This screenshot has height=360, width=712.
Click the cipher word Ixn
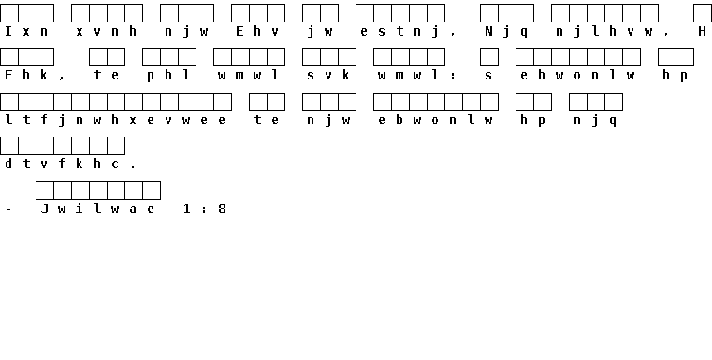click(x=26, y=31)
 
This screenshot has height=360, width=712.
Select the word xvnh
click(x=107, y=31)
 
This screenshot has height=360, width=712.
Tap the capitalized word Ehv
click(x=257, y=31)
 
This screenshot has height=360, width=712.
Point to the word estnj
click(x=400, y=32)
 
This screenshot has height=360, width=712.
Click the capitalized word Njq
click(x=507, y=32)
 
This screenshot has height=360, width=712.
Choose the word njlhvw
click(x=604, y=32)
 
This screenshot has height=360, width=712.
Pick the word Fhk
click(x=26, y=75)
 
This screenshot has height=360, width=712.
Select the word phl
click(x=169, y=76)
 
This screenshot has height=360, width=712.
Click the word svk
click(x=328, y=75)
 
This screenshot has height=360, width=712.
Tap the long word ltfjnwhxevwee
click(x=115, y=121)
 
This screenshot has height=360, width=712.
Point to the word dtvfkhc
click(x=62, y=164)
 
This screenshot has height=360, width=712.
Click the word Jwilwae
click(x=97, y=209)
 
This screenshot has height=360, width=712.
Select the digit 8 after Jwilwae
click(x=222, y=209)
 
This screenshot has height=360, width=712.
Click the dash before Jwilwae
click(x=8, y=209)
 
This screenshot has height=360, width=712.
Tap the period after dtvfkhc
click(x=133, y=167)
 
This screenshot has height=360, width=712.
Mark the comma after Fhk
click(x=62, y=79)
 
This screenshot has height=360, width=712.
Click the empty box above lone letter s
click(x=489, y=57)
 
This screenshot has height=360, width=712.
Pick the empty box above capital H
click(x=703, y=13)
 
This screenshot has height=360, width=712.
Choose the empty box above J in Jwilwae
click(x=45, y=191)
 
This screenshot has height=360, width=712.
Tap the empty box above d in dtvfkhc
click(x=9, y=146)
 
